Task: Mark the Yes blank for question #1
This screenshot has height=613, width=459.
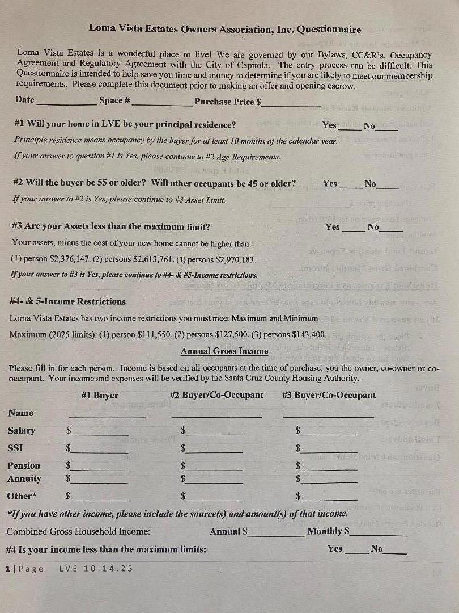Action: coord(349,129)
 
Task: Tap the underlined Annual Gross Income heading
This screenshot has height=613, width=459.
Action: coord(224,351)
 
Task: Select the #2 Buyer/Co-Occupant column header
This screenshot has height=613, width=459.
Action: coord(216,395)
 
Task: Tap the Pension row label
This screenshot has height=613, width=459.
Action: coord(24,465)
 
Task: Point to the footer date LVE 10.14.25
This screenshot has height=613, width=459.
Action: coord(96,568)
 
